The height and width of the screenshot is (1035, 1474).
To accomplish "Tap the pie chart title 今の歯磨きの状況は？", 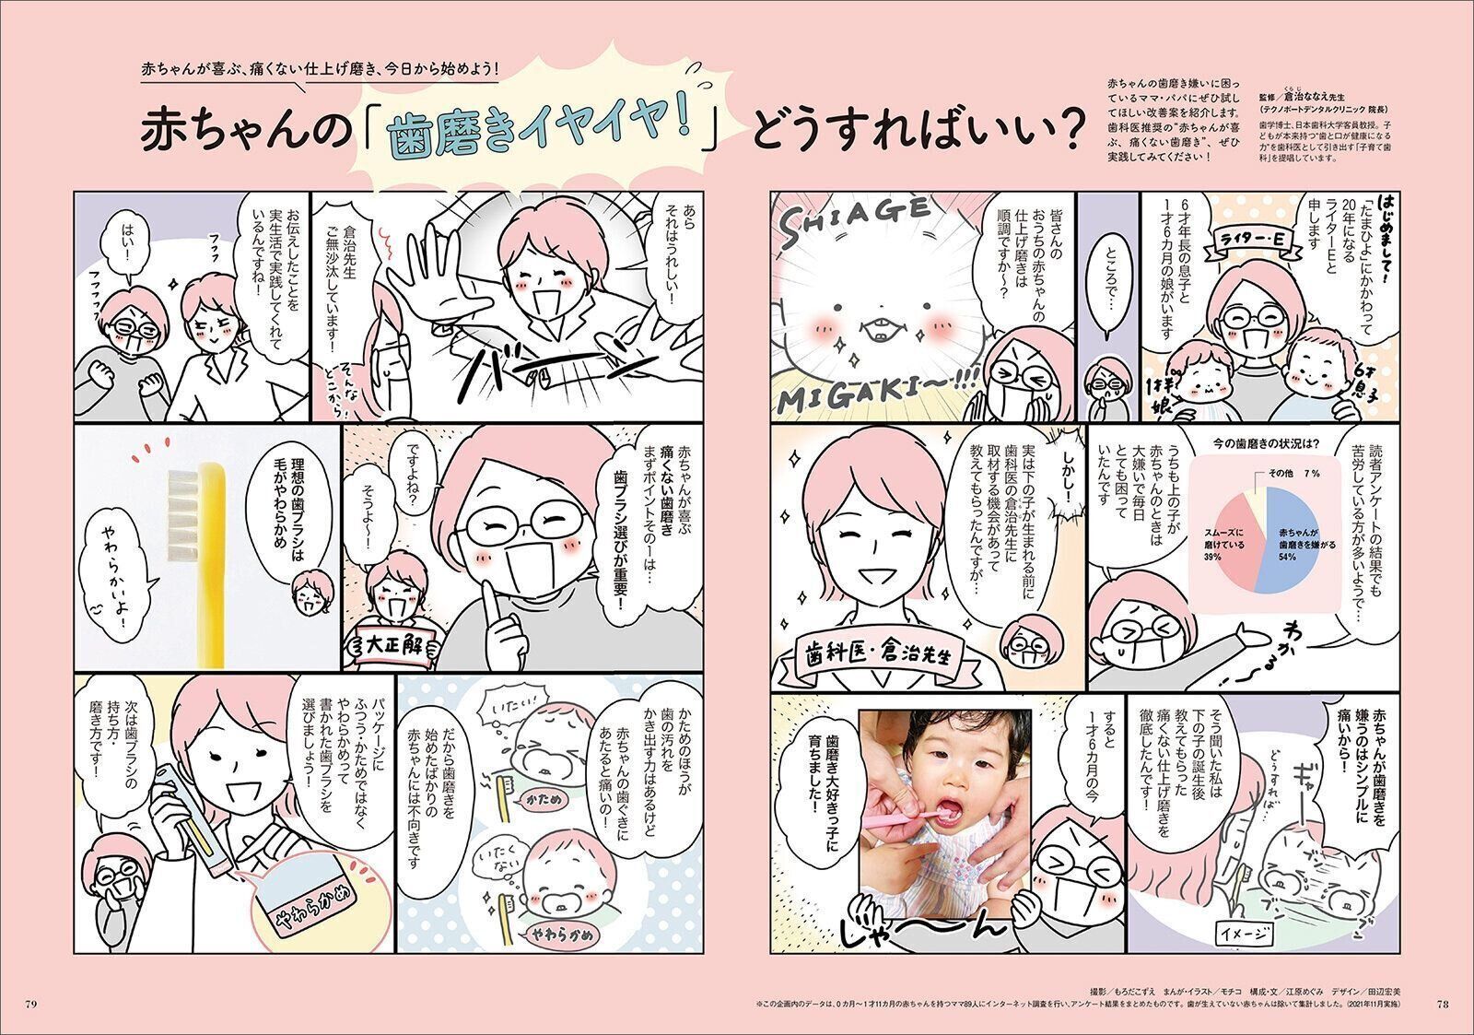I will click(x=1250, y=443).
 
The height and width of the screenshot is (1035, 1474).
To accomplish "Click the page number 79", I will click(x=30, y=1003).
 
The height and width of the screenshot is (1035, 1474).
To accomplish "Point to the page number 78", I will click(x=1443, y=1003).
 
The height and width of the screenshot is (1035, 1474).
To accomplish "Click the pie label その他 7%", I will click(x=1284, y=473).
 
